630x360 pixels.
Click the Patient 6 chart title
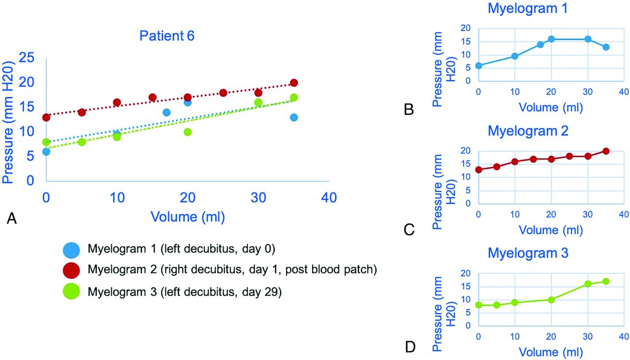coord(167,36)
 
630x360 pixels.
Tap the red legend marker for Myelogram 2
coord(71,270)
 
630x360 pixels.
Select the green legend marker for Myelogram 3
coord(71,292)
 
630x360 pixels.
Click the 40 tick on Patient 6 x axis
coord(328,198)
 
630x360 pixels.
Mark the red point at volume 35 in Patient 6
coord(294,83)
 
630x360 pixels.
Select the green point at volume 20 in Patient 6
coord(188,132)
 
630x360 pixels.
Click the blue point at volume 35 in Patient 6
coord(294,117)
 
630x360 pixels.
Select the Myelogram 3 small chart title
coord(528,254)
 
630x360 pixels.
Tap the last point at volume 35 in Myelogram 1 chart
coord(606,47)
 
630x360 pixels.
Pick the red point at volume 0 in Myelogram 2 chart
coord(478,170)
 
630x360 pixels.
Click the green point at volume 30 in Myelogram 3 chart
coord(588,284)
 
